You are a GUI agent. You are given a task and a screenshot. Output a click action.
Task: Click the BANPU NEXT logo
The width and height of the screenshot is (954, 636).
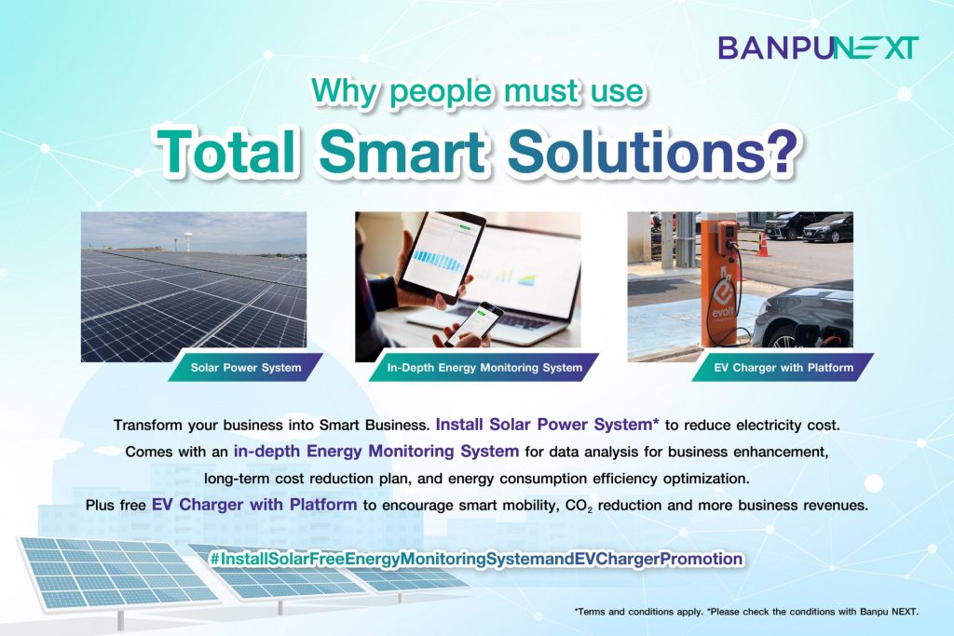[818, 47]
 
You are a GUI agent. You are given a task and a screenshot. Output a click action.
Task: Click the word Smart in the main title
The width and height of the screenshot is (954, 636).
[402, 149]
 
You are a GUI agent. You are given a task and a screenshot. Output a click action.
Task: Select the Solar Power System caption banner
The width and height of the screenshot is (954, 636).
[245, 367]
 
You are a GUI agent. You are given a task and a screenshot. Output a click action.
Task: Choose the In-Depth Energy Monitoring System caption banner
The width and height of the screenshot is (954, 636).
[484, 367]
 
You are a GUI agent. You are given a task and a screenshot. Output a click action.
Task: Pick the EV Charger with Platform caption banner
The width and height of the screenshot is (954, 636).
[783, 367]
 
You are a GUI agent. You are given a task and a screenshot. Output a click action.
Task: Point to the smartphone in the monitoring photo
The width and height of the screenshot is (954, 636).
[474, 323]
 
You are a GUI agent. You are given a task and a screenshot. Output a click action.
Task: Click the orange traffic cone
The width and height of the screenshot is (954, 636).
[763, 244]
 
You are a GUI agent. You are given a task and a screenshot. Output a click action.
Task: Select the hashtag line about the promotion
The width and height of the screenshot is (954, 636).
[476, 558]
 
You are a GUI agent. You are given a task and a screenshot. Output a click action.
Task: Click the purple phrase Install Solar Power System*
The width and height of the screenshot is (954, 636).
[547, 425]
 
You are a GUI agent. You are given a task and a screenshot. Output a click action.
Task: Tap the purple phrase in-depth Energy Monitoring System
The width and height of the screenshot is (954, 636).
[376, 451]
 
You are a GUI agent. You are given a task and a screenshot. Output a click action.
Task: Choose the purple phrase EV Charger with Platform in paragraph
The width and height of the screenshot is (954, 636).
[254, 505]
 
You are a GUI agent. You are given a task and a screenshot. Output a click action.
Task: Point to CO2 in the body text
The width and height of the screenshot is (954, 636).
[579, 506]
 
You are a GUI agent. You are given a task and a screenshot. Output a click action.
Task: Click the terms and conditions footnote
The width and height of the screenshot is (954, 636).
[746, 612]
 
